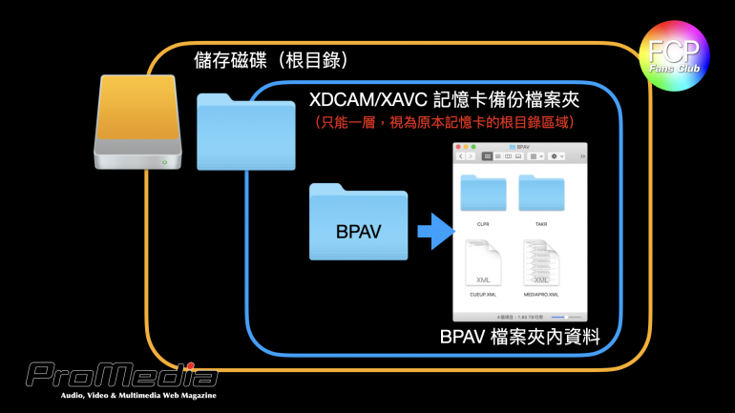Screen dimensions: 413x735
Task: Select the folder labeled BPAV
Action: coord(358,223)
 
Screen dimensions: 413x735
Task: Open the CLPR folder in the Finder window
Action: coord(483,194)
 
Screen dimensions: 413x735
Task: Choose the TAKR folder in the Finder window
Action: coord(541,194)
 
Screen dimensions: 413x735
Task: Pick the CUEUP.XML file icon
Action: coord(483,263)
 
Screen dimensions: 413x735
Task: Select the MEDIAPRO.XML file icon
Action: coord(541,263)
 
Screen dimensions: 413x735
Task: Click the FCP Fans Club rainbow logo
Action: coord(673,55)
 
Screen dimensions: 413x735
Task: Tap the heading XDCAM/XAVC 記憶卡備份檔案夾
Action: coord(445,100)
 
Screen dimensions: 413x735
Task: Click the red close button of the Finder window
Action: coord(457,146)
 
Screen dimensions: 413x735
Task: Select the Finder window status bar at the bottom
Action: coord(518,316)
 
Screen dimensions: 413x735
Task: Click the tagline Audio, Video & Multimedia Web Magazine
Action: coord(138,395)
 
